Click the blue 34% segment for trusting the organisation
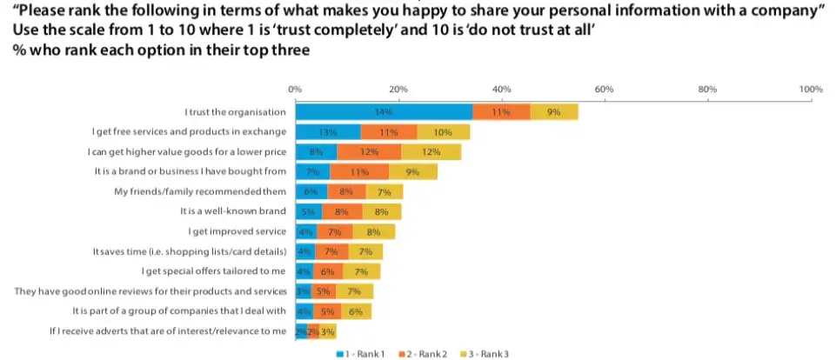coord(384,112)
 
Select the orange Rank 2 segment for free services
coord(389,132)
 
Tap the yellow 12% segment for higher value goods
coord(431,152)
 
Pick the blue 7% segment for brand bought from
coord(312,172)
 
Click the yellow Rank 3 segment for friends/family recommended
coord(385,191)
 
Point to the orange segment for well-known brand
coord(342,211)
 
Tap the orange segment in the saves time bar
coord(331,251)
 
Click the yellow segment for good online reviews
coord(354,290)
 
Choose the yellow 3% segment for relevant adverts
coord(328,330)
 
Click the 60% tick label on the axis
coord(605,90)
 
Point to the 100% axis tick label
coord(810,90)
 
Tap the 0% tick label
coord(295,90)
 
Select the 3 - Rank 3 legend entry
coord(488,353)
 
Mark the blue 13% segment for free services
coord(328,132)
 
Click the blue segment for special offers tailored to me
coord(304,271)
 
